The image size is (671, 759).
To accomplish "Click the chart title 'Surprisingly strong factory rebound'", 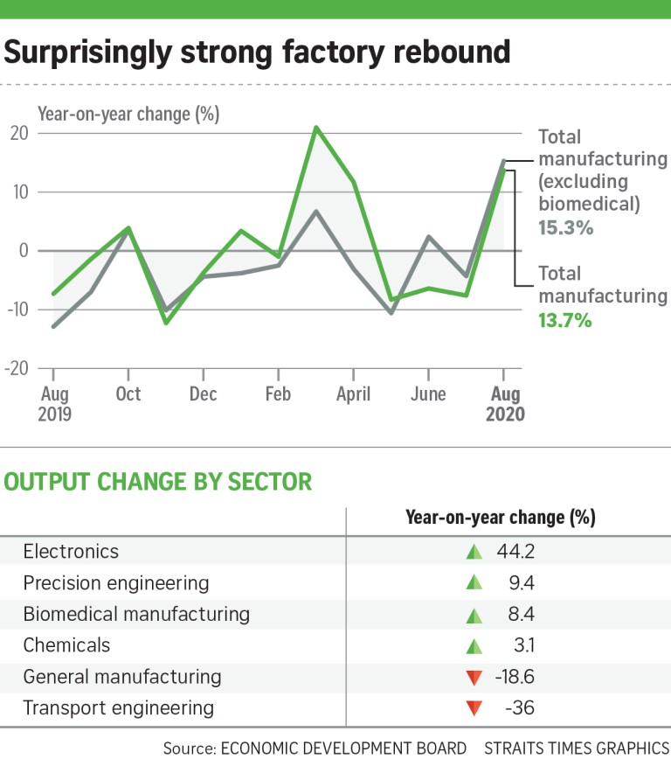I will (257, 52).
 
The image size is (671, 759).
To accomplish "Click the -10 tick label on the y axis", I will (17, 310).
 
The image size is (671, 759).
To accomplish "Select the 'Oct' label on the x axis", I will (128, 393).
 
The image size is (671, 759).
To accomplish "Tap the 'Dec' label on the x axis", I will (204, 393).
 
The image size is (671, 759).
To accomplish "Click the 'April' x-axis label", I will (353, 393).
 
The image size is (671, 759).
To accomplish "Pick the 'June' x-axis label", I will (427, 393).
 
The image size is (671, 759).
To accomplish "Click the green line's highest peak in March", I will (316, 128).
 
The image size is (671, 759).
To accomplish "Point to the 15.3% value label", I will (566, 228).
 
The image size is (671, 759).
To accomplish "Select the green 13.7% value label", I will (565, 320).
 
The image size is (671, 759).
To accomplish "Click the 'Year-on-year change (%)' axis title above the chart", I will (128, 113).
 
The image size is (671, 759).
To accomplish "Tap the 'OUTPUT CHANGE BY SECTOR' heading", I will (158, 481).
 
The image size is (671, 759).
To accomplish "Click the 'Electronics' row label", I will (71, 552).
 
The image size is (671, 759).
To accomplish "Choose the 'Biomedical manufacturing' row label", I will (136, 614).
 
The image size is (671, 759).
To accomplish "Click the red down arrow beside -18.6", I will (474, 678).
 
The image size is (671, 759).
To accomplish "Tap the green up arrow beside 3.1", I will (474, 646).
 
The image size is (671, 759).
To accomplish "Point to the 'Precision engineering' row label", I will (116, 583).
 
